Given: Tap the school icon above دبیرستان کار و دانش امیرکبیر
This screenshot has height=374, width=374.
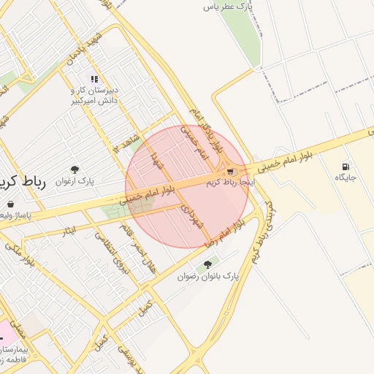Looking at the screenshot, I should (x=93, y=79).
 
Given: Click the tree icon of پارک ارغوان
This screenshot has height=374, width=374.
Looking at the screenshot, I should (x=75, y=169).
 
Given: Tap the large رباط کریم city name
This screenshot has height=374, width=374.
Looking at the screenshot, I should (x=22, y=183).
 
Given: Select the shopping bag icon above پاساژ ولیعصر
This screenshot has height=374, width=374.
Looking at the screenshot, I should (x=9, y=205).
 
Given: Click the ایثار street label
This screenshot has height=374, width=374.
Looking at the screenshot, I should (x=69, y=231).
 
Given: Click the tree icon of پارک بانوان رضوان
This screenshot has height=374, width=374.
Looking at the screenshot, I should (x=207, y=264).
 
